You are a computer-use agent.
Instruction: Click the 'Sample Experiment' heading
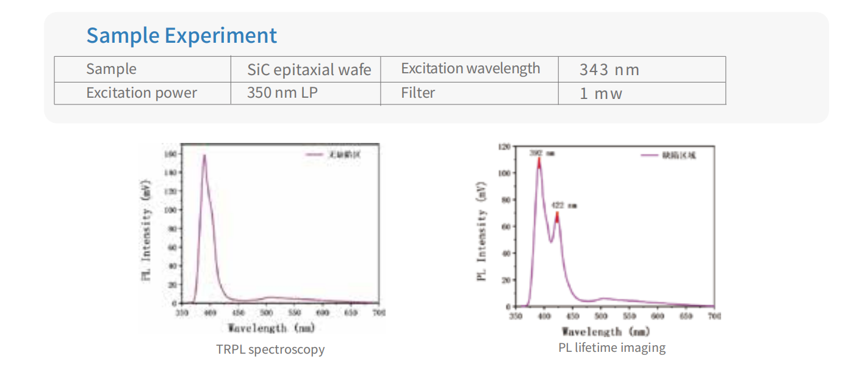coord(181,35)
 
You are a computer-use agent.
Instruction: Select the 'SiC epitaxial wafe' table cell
coord(309,70)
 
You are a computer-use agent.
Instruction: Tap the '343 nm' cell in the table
coord(609,70)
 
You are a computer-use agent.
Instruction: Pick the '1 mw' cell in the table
coord(600,93)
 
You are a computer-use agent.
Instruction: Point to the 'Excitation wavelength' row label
coord(470,68)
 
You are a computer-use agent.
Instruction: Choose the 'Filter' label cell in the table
coord(418,93)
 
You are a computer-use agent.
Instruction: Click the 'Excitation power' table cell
coord(142,93)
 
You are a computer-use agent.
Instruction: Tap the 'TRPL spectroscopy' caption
coord(270,349)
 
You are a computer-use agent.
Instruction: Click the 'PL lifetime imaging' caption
coord(612,348)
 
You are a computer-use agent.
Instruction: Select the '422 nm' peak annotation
coord(564,205)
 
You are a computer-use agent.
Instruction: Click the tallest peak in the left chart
coord(204,156)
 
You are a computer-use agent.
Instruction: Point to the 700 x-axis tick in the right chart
coord(713,316)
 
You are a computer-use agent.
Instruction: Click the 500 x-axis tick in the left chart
coord(267,313)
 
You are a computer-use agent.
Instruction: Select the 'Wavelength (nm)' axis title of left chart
coord(271,328)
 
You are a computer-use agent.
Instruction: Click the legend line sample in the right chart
coord(650,156)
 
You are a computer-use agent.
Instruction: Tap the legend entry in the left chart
coord(333,155)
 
